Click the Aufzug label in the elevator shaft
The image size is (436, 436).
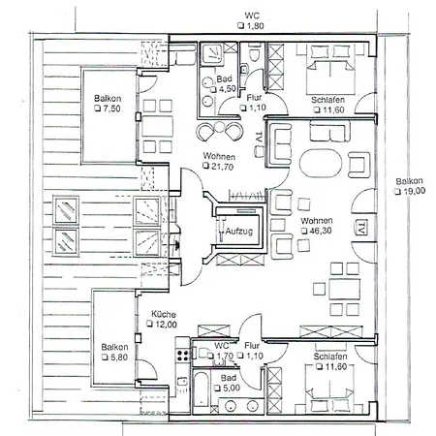pos(239,232)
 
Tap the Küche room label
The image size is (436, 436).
pos(162,315)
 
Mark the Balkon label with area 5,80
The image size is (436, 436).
pos(115,347)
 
